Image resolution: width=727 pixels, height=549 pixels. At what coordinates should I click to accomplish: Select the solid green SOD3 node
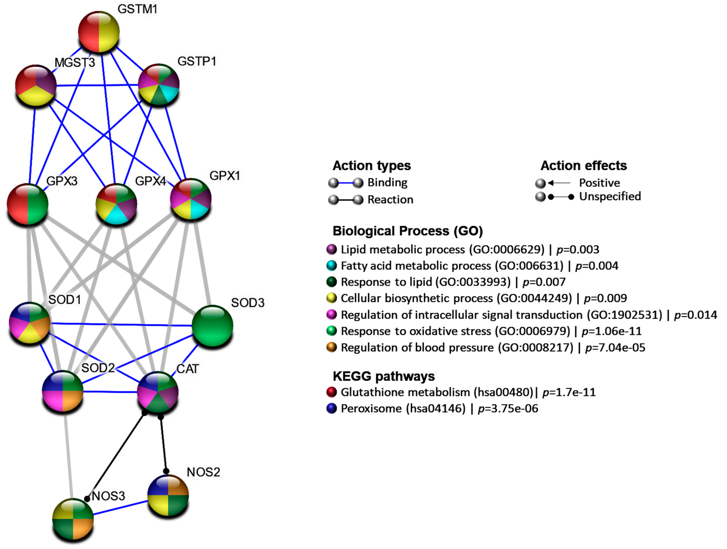tap(212, 326)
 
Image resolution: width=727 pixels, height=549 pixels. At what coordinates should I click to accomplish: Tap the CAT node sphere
tap(158, 392)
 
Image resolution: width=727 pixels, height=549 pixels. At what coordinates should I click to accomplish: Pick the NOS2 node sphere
tap(168, 495)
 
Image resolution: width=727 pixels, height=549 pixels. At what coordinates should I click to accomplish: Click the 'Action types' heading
tap(372, 166)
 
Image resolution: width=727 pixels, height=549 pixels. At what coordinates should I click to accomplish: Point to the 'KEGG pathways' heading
tap(384, 376)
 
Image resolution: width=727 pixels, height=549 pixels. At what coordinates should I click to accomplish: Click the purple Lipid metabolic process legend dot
tap(332, 249)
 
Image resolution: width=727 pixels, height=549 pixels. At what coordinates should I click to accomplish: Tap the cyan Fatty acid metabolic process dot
tap(332, 265)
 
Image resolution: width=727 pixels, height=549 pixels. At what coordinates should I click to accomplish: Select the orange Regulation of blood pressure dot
tap(332, 347)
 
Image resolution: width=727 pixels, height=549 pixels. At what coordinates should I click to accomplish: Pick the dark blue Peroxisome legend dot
tap(332, 408)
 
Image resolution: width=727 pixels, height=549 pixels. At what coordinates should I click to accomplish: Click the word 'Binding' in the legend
tap(387, 183)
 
